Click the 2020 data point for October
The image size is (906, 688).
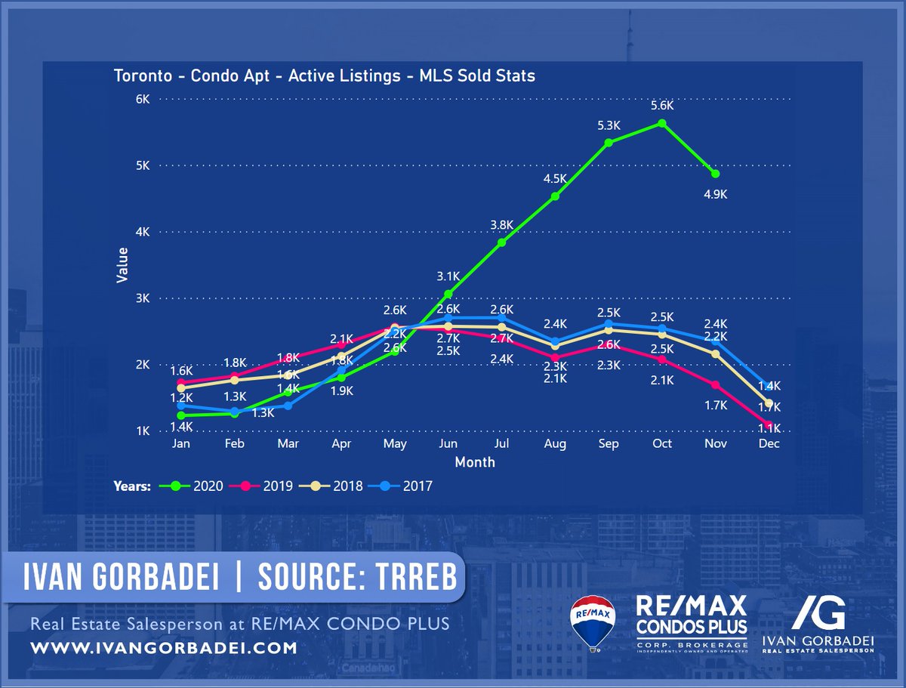tap(661, 123)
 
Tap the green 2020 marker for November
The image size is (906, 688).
tap(715, 174)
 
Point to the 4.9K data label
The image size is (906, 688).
tap(715, 194)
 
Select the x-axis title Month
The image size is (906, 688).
tap(475, 461)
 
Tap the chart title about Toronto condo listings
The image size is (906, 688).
tap(325, 76)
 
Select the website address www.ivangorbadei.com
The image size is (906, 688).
tap(164, 648)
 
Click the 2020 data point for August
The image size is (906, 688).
tap(555, 196)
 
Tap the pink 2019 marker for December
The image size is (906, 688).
tap(769, 425)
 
